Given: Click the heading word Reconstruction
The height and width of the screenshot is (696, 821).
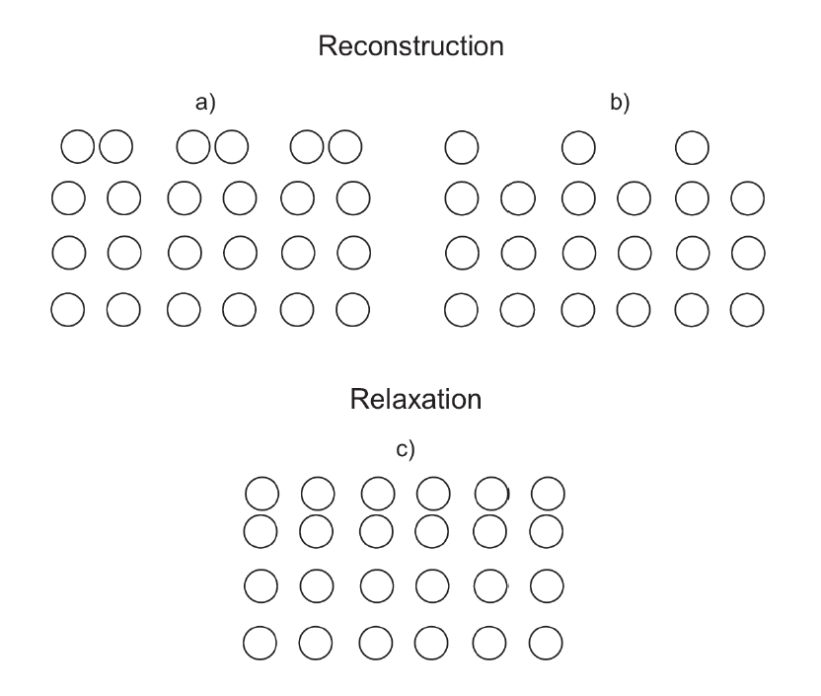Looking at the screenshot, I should point(410,46).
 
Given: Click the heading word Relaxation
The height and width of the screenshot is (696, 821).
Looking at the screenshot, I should point(415,400).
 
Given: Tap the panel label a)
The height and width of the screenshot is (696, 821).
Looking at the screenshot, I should point(205,103).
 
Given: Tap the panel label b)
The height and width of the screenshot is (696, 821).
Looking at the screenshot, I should point(620,103).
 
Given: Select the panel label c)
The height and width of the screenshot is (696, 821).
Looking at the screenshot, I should point(406,450).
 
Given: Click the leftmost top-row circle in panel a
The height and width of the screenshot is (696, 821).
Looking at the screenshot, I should point(78,148).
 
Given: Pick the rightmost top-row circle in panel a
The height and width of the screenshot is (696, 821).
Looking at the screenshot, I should point(345,148).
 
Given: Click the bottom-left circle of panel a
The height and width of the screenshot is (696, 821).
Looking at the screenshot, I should point(68,310).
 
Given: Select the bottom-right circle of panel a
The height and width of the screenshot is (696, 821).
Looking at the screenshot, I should point(353,310).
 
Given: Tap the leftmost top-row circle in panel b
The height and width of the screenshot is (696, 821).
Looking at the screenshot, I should point(462,148).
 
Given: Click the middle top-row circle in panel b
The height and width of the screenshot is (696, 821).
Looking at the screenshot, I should point(578,148).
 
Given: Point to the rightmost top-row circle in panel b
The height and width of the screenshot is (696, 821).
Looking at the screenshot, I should point(693,148).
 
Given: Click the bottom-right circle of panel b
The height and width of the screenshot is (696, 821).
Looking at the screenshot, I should point(748,310).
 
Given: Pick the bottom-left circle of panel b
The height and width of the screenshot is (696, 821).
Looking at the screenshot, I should point(462,310).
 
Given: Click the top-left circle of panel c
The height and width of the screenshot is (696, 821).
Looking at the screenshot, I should point(261,491).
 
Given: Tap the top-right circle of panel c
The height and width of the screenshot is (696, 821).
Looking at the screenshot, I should point(548,491).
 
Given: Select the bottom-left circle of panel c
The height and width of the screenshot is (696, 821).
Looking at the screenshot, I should point(261,645).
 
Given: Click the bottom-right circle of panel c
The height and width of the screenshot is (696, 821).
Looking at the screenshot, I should point(548,645).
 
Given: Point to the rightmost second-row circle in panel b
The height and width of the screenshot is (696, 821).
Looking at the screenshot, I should point(748,198).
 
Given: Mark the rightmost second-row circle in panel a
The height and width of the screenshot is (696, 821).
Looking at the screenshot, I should point(353,198).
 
